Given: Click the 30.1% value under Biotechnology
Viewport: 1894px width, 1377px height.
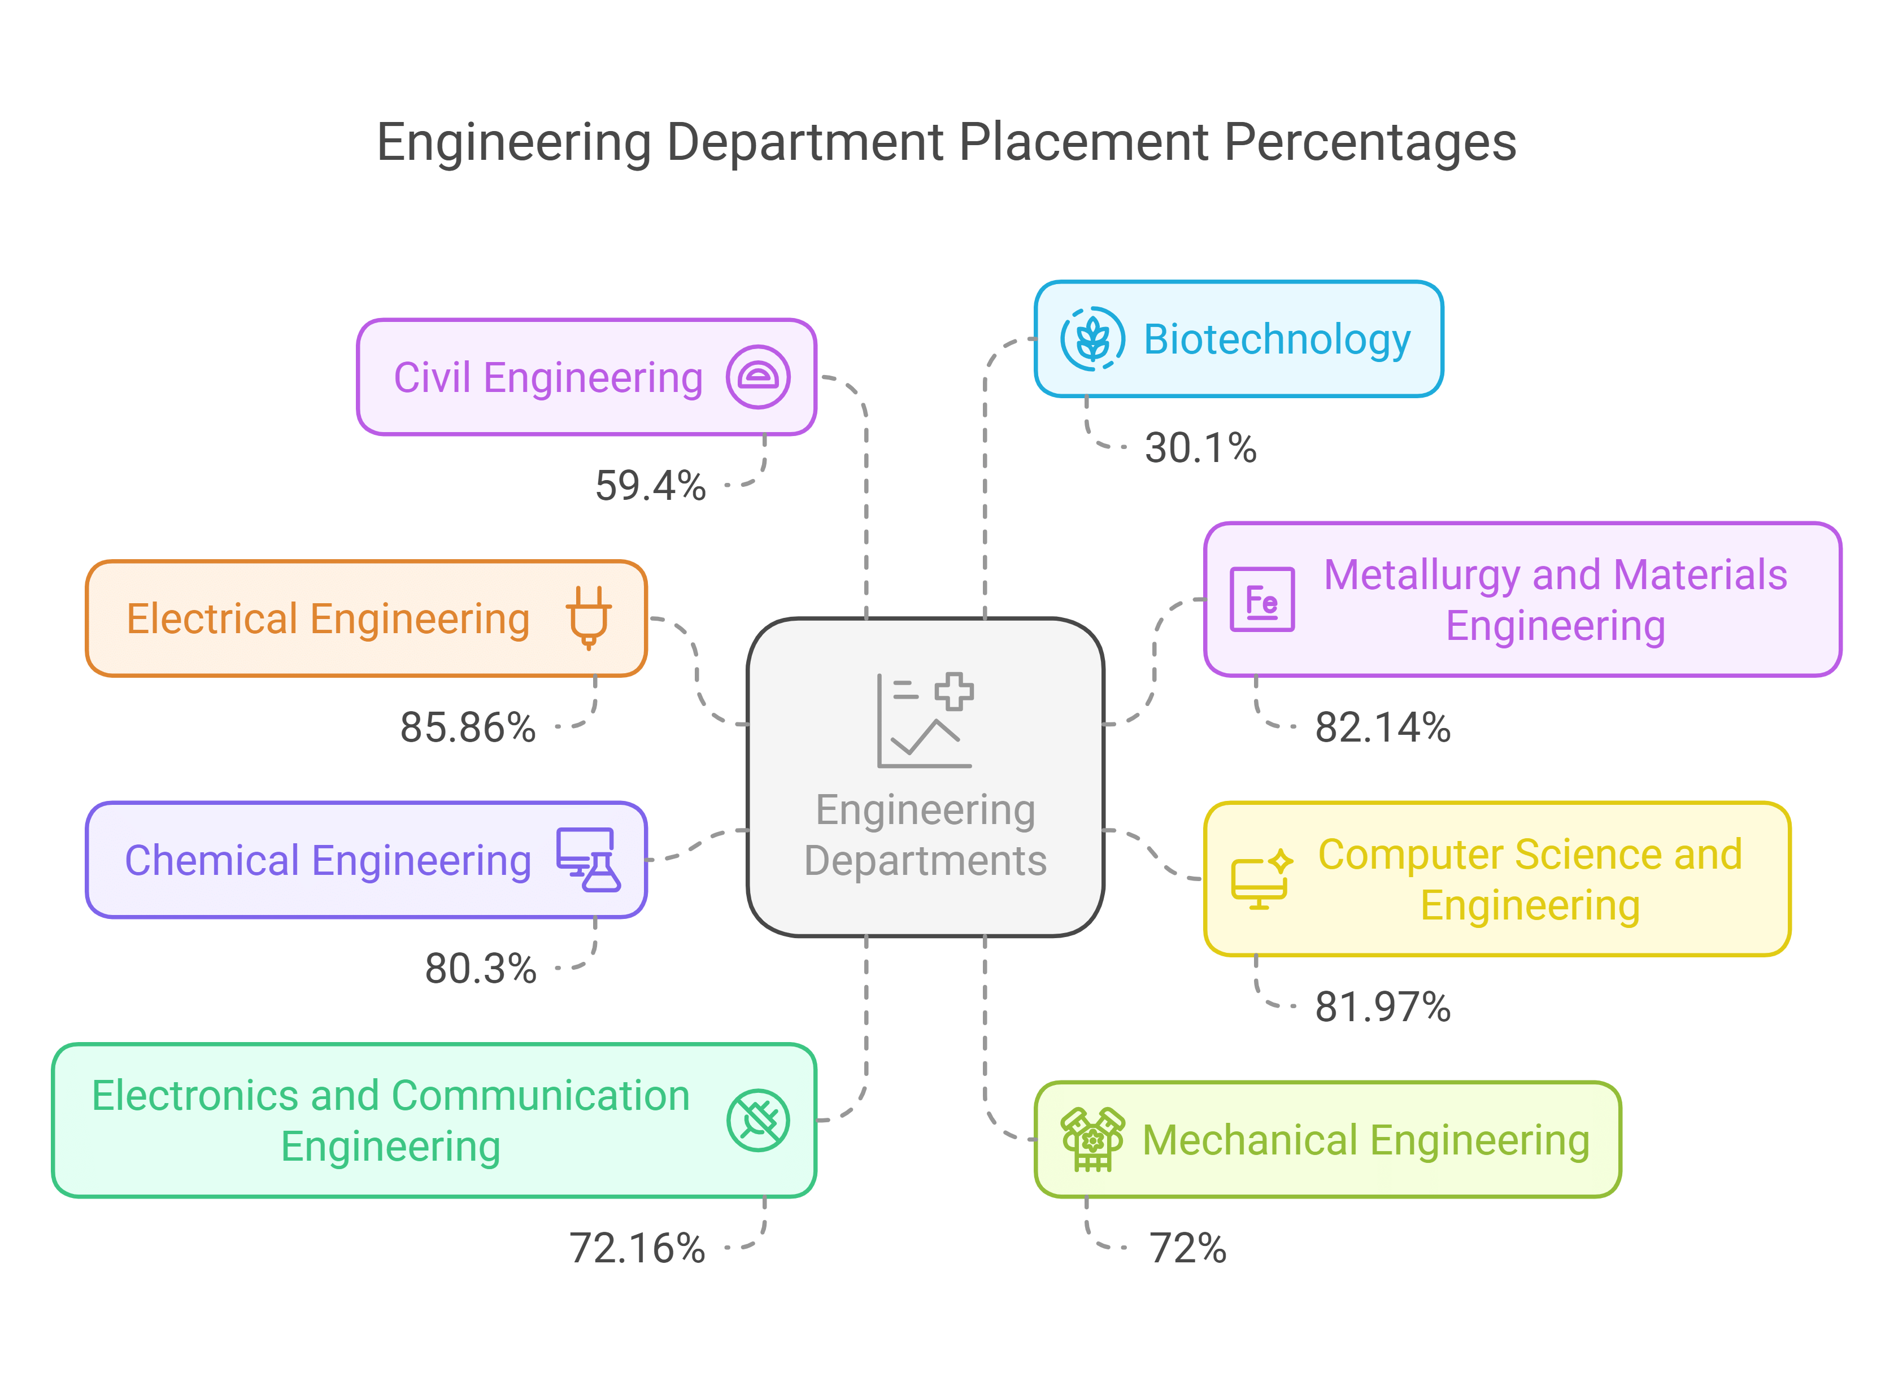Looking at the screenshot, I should point(1200,448).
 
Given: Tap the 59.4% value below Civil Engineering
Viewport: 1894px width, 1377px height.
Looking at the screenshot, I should point(650,486).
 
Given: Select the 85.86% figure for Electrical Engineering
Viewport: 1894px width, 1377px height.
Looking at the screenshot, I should point(468,727).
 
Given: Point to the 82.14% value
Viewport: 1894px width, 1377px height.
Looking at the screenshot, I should point(1382,727).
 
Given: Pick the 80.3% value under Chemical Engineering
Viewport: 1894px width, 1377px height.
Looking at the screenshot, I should point(480,969).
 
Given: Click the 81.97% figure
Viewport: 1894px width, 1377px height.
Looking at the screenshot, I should point(1382,1007).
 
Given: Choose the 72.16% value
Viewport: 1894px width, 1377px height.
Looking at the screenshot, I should point(637,1248).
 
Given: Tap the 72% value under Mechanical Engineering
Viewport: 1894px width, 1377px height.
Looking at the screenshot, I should point(1187,1248).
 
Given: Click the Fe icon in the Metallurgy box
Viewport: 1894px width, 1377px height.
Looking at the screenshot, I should point(1262,600).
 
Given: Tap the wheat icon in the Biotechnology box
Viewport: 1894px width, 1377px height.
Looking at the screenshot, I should point(1092,339).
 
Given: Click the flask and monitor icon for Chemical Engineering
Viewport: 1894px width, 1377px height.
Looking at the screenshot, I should point(589,860).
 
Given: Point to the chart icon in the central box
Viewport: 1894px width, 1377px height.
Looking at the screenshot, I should point(925,720).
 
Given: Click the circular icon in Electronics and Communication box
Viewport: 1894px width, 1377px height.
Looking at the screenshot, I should point(757,1121).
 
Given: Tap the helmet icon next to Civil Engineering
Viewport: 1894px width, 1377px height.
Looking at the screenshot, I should point(757,377).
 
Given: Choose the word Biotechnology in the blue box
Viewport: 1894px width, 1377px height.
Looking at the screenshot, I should point(1276,340).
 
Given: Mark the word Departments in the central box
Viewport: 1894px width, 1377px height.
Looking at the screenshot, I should point(925,861).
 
